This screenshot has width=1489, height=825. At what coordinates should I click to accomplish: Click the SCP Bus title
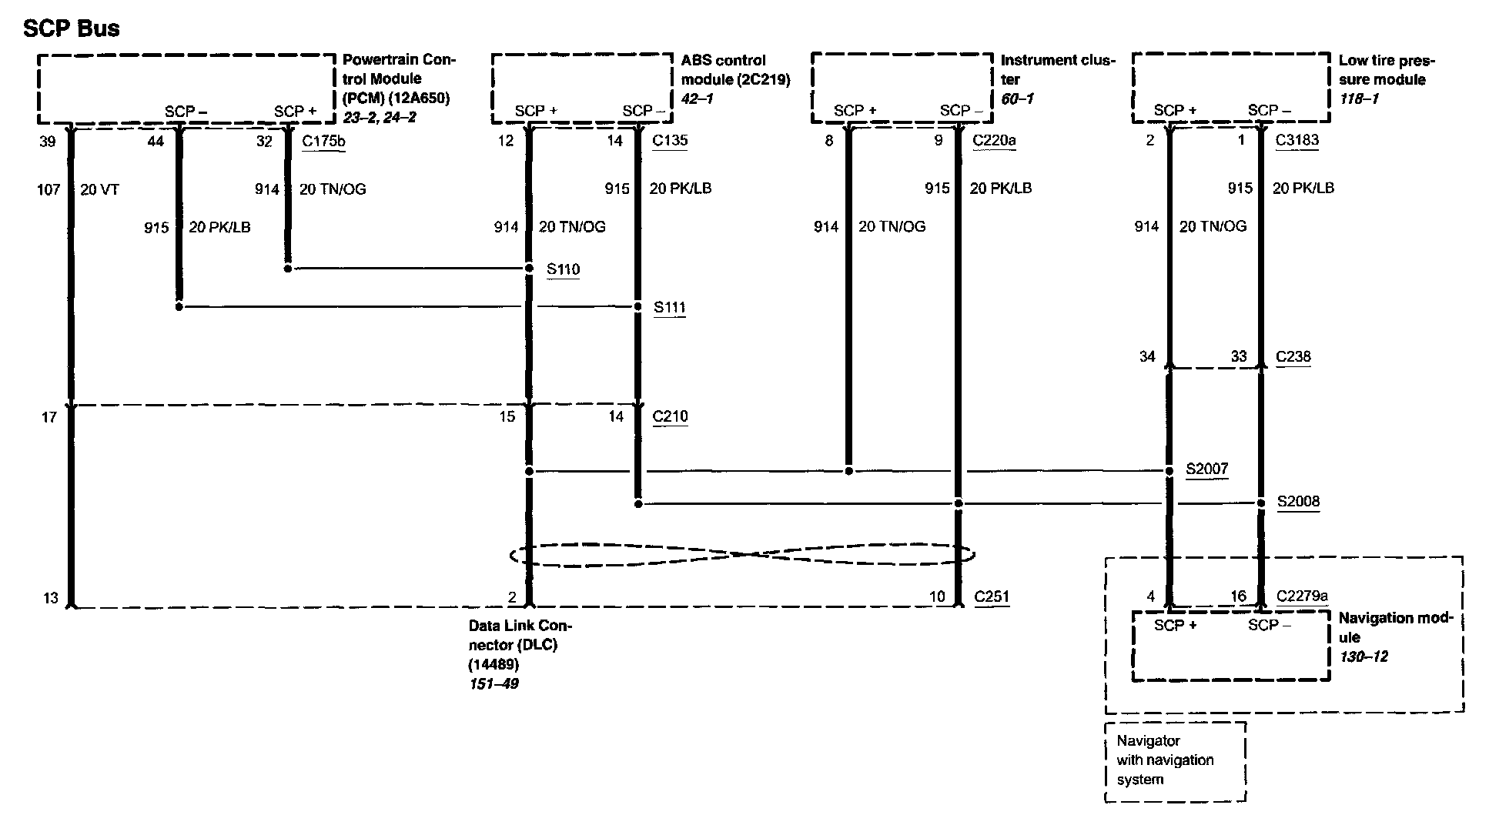point(72,28)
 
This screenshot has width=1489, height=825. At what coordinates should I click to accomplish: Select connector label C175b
point(323,141)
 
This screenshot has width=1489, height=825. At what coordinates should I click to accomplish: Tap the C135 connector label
point(669,141)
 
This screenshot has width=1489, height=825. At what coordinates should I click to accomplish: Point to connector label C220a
point(994,141)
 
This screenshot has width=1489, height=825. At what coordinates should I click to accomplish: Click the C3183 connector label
point(1297,141)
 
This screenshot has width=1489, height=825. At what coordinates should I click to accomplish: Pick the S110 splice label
point(563,269)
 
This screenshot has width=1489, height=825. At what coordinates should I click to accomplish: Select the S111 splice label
point(669,308)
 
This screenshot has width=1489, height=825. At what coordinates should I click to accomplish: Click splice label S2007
point(1206,469)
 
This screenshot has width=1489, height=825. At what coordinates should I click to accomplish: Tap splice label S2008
point(1298,502)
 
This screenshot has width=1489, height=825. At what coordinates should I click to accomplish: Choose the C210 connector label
point(670,416)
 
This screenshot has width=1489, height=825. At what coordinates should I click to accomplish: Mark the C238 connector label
point(1293,356)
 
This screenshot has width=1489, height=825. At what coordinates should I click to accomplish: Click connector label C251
point(991,596)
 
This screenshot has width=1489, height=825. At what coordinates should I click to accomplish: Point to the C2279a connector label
point(1302,596)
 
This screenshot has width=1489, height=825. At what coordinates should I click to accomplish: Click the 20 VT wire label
point(99,189)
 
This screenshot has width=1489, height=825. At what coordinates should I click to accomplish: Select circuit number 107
point(49,189)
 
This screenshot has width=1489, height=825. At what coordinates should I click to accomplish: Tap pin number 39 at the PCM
point(48,142)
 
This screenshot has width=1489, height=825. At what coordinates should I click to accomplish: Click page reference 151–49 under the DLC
point(494,683)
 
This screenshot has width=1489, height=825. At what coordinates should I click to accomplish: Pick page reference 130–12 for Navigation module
point(1364,656)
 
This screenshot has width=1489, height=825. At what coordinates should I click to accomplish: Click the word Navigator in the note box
point(1148,741)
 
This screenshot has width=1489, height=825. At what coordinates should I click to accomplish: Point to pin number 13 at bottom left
point(50,598)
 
